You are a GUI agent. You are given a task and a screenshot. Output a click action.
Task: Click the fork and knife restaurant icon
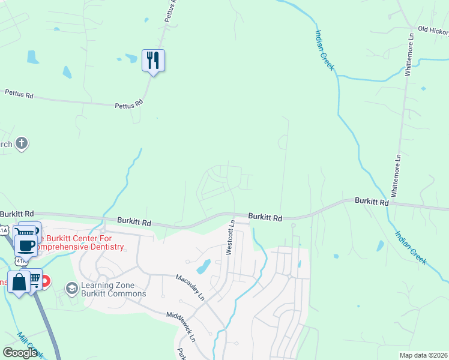[x=153, y=60]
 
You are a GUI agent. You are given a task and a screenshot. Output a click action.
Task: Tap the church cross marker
[x=22, y=143]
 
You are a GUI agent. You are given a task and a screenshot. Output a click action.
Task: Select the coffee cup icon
[x=25, y=245]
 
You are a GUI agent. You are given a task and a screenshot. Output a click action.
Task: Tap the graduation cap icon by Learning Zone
[x=72, y=289]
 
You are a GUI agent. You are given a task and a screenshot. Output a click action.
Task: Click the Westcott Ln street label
[x=230, y=238]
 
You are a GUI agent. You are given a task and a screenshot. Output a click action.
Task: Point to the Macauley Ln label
[x=190, y=287]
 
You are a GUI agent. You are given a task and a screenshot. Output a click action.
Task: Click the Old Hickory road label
[x=433, y=30]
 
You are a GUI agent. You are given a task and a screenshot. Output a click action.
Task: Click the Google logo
[x=20, y=353]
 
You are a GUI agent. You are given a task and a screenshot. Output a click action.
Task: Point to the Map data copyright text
[x=424, y=355]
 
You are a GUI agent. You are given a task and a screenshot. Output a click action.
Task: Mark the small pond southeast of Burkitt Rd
[x=380, y=245]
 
